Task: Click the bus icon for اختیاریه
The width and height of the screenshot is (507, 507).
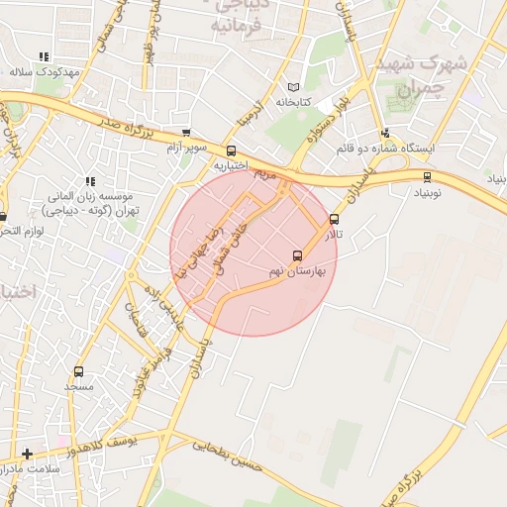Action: (x=232, y=152)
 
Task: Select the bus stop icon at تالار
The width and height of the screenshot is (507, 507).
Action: (x=334, y=220)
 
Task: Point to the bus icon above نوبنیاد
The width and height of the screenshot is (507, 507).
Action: (x=427, y=177)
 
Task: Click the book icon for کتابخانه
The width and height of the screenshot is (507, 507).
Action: (x=291, y=87)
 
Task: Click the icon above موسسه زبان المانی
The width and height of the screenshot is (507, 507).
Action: (x=90, y=181)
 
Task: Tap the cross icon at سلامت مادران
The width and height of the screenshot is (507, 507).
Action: (x=28, y=454)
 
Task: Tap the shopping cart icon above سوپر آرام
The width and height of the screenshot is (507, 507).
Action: (x=186, y=132)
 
